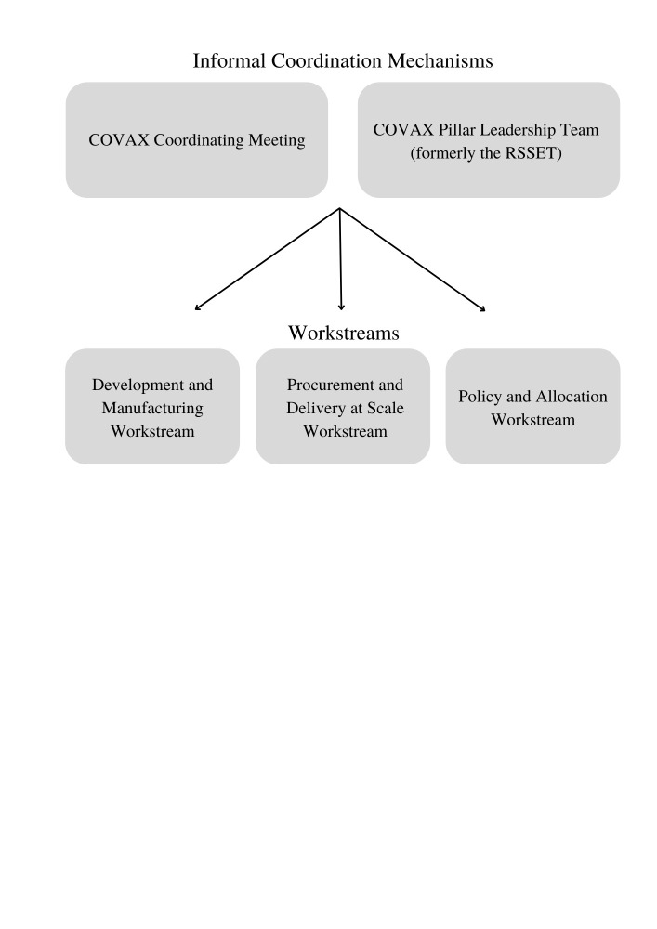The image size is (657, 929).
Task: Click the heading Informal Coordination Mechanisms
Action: coord(342,61)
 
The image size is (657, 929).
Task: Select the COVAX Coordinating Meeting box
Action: coord(196,139)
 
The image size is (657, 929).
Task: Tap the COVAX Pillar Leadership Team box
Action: coord(488,139)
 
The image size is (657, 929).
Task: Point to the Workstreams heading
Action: coord(343,333)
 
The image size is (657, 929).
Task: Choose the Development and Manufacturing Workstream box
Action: coord(152,407)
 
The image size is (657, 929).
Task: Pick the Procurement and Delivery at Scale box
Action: coord(343,407)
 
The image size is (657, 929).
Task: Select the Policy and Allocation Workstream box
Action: coord(532,407)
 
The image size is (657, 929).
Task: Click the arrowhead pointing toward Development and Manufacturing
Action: coord(197,307)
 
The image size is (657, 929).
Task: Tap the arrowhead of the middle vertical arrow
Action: coord(342,307)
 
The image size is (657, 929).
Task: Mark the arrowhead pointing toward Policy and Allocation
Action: coord(482,307)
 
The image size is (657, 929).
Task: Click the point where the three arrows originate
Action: coord(340,208)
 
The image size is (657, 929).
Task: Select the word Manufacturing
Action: coord(152,408)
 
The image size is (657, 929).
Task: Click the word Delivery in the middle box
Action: coord(315,408)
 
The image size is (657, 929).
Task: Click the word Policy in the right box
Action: coord(479,397)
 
